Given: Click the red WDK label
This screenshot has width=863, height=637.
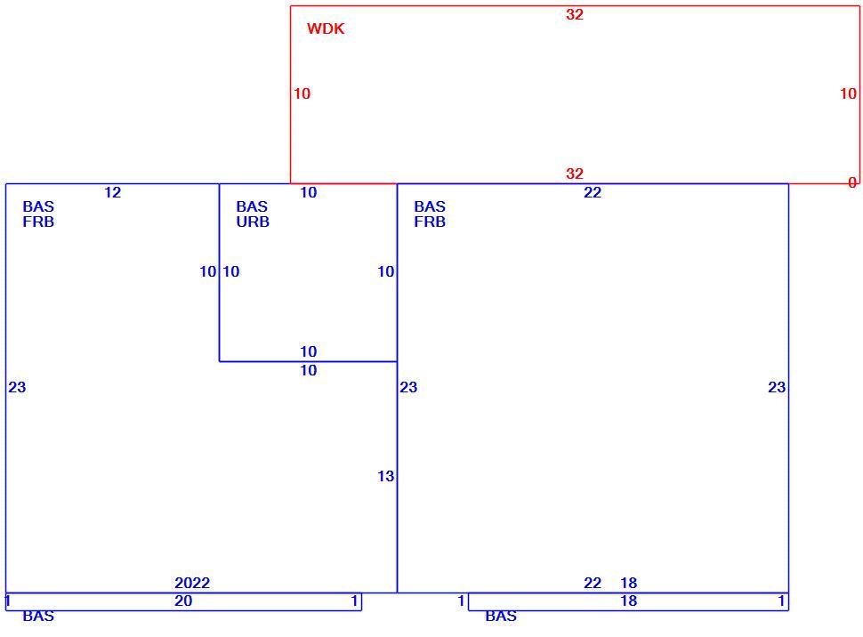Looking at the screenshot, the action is click(x=326, y=28).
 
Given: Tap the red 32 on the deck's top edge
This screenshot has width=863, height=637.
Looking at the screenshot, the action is click(x=575, y=14).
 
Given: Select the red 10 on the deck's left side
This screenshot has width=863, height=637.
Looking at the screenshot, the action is click(x=302, y=93).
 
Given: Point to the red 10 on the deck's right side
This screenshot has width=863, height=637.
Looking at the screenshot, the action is click(x=848, y=93).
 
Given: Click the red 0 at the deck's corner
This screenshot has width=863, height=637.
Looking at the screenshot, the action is click(x=852, y=182).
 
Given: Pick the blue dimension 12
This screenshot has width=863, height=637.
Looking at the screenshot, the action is click(x=112, y=192).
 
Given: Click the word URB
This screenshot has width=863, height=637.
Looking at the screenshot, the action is click(x=253, y=222).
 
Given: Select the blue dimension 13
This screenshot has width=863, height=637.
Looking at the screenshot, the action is click(x=386, y=476).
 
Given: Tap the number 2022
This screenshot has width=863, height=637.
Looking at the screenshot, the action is click(x=192, y=583).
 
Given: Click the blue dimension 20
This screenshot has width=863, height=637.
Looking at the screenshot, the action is click(x=183, y=601).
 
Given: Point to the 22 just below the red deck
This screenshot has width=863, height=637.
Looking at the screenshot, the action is click(x=593, y=192).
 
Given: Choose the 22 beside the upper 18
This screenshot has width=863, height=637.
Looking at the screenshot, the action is click(x=593, y=583).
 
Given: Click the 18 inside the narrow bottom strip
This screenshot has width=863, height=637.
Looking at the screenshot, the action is click(x=628, y=601).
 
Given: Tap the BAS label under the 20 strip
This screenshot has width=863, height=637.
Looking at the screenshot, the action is click(x=38, y=616).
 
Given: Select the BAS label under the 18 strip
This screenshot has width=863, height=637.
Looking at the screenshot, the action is click(x=501, y=616).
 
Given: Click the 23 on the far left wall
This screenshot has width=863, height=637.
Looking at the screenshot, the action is click(x=17, y=387).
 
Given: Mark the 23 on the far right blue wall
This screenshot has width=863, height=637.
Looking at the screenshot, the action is click(x=777, y=387).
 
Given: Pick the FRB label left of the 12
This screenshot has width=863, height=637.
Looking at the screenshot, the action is click(x=38, y=222).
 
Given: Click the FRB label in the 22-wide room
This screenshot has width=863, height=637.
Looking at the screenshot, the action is click(x=430, y=222).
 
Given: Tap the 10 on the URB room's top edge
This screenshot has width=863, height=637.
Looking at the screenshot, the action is click(x=308, y=192).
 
